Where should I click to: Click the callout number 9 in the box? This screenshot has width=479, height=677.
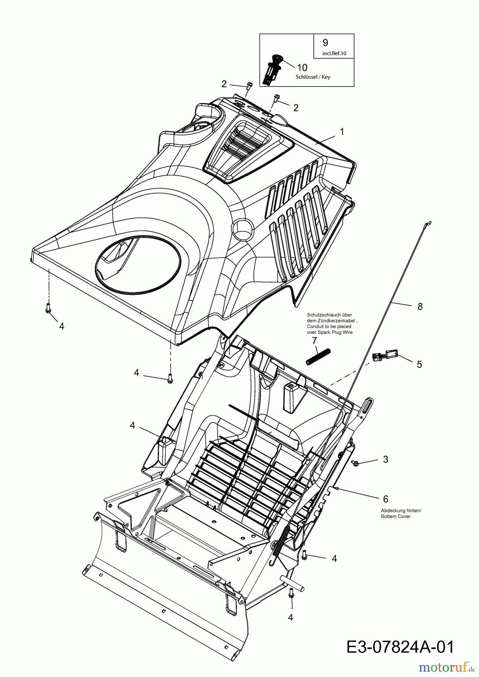pyautogui.click(x=325, y=43)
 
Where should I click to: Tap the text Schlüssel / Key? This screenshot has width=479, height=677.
pyautogui.click(x=313, y=77)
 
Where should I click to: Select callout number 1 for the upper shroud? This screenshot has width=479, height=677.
pyautogui.click(x=342, y=132)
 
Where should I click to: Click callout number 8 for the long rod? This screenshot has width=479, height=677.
pyautogui.click(x=420, y=307)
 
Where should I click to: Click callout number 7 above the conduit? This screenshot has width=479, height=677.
pyautogui.click(x=314, y=341)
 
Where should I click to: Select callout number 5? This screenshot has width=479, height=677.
pyautogui.click(x=419, y=364)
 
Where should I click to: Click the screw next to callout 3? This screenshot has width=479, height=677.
pyautogui.click(x=355, y=463)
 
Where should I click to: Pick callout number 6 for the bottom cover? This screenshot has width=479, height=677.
pyautogui.click(x=385, y=499)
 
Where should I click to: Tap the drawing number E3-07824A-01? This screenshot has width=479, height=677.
pyautogui.click(x=399, y=647)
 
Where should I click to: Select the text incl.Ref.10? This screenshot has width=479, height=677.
pyautogui.click(x=334, y=53)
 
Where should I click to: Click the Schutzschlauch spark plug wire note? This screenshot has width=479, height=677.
pyautogui.click(x=330, y=324)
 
